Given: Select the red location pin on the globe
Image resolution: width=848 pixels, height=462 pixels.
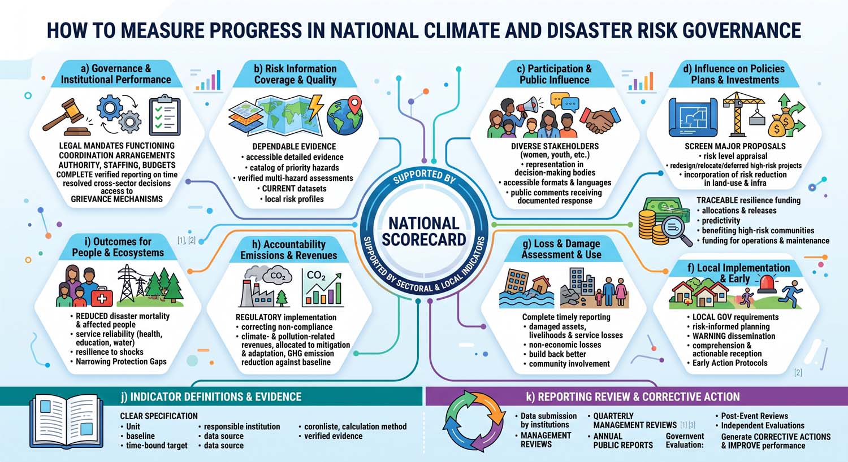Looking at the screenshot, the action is [354, 104].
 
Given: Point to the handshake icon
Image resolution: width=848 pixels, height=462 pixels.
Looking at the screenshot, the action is [600, 120].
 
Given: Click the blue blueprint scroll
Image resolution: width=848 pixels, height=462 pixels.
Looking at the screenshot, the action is [693, 117].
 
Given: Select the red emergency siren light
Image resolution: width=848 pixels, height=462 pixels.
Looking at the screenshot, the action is [766, 284].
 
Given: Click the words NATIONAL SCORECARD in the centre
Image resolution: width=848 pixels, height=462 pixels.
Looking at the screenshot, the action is [423, 232].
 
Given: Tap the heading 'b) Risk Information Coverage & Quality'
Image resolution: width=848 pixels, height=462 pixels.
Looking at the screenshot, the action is [295, 74].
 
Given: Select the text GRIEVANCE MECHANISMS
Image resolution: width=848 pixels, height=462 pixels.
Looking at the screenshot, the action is [116, 199].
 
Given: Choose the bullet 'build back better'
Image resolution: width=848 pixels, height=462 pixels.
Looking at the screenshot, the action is [557, 354].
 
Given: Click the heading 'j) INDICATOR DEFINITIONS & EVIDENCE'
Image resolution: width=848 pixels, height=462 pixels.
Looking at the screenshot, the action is [211, 396].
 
